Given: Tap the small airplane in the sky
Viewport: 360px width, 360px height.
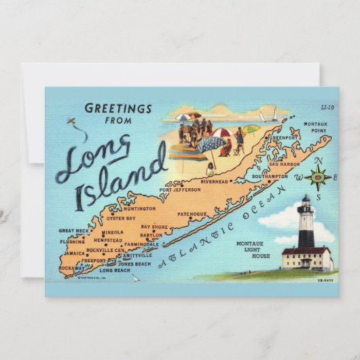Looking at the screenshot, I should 72,122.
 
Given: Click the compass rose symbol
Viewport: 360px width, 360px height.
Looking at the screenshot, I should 317,179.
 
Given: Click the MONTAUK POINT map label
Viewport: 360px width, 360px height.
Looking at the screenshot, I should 315,128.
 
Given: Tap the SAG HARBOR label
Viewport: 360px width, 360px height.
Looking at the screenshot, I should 284,164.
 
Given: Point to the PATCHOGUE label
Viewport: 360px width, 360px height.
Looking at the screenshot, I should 192,214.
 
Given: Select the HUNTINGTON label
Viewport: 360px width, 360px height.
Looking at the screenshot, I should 140,209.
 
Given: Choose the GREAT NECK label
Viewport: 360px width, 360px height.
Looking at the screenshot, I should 73,231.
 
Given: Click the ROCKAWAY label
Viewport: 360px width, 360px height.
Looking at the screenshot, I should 73,268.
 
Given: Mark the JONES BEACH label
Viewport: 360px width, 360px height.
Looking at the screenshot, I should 134,264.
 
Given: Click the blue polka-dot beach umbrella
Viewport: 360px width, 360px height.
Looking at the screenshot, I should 212,144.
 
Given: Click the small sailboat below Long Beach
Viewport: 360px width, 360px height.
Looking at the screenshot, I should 135,278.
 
